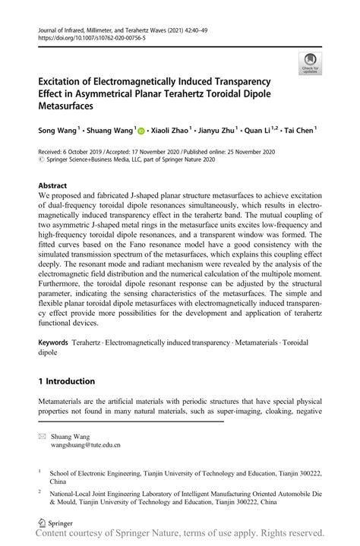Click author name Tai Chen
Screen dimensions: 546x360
[x=298, y=131]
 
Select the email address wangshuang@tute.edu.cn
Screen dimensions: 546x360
[x=85, y=447]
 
